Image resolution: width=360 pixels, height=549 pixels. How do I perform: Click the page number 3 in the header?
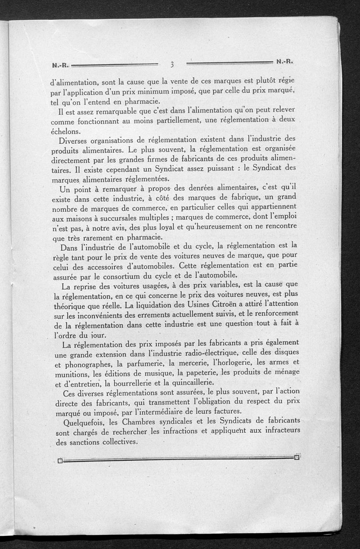point(172,64)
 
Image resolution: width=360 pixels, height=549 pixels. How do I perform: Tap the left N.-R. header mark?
point(60,65)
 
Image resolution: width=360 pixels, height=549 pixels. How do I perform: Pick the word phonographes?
point(87,364)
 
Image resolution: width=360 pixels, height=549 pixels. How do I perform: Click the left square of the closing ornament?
point(60,460)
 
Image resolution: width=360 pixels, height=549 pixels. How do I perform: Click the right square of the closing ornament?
point(296,458)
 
